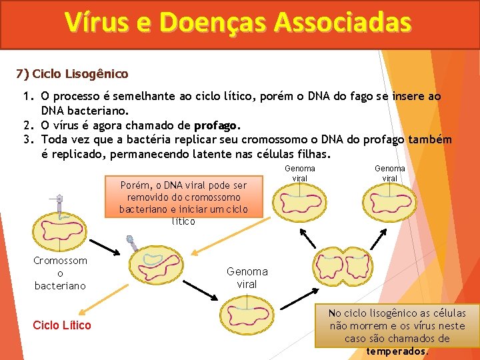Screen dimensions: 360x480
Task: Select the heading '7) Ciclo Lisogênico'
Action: click(73, 73)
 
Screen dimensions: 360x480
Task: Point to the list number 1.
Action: click(27, 97)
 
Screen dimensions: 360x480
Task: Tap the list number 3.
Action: click(27, 139)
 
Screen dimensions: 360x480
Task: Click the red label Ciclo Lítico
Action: click(62, 325)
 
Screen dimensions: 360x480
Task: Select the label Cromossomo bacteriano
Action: click(60, 273)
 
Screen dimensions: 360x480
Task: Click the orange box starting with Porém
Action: click(183, 203)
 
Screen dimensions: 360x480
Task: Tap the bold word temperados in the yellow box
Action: click(398, 351)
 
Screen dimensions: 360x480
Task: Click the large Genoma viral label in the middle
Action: click(247, 277)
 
